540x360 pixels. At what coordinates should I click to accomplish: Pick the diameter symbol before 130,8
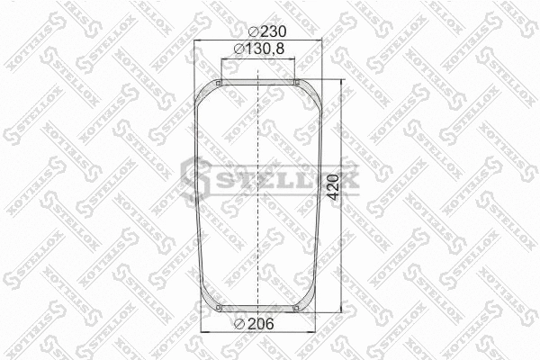pos(237,51)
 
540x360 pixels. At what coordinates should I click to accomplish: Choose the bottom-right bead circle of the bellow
pos(296,311)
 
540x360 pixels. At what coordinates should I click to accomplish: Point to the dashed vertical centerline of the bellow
pos(258,225)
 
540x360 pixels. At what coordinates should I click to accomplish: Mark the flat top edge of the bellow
pos(258,81)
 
